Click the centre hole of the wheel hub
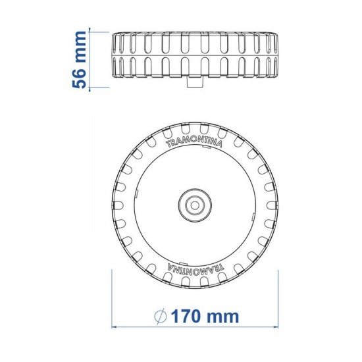(x=194, y=205)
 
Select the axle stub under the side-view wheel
(x=194, y=84)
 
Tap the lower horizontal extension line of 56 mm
(x=99, y=87)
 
